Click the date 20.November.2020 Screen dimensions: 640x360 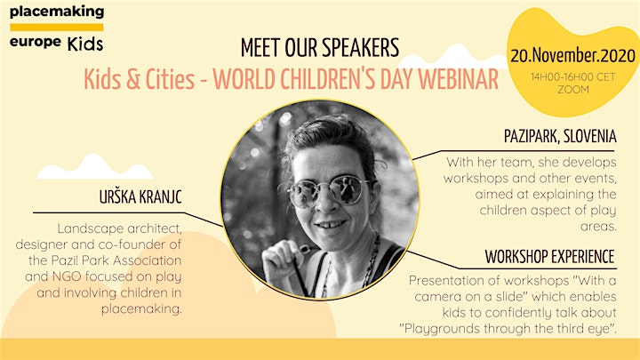coord(572,55)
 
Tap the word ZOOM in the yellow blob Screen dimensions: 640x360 coord(573,90)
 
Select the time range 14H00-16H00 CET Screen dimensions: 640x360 coord(572,76)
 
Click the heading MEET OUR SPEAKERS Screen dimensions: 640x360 coord(320,48)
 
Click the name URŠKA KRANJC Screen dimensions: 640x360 coord(140,197)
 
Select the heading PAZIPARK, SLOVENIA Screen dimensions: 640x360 coord(560,136)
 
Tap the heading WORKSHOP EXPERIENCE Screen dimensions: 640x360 coord(550,257)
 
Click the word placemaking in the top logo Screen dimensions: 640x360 coord(57,12)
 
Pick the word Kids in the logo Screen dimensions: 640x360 coord(85,44)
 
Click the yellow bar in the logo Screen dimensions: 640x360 coord(57,28)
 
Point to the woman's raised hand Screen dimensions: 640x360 coord(283,260)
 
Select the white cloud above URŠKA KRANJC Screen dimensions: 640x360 coord(95,166)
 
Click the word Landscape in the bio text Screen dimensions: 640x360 coord(85,228)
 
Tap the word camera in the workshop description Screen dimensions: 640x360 coord(442,297)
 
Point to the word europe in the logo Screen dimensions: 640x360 coord(36,42)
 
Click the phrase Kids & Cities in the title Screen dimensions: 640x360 coord(140,79)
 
